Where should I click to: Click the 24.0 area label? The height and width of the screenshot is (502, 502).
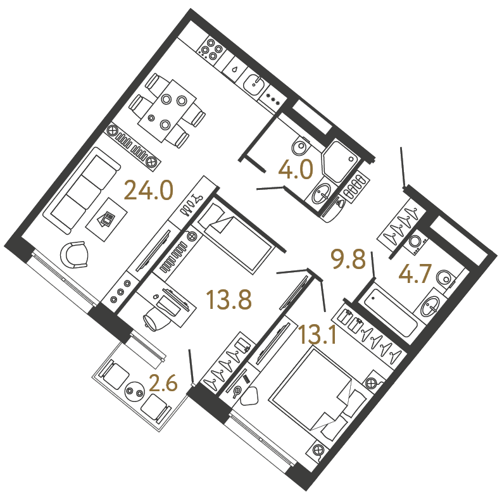148,190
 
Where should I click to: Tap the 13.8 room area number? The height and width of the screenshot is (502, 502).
229,300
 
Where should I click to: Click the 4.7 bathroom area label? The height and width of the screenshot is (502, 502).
414,273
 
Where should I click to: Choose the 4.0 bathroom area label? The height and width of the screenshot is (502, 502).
296,170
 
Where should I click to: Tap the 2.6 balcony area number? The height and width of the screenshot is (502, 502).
163,383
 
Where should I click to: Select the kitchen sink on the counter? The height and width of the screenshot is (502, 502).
254,85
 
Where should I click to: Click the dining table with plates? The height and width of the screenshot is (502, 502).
167,111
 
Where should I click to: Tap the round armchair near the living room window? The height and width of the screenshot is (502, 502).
74,254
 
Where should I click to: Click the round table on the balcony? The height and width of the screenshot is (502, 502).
135,392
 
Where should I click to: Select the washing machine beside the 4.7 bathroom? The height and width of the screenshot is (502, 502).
416,241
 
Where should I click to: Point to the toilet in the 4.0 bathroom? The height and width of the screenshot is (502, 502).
301,147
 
